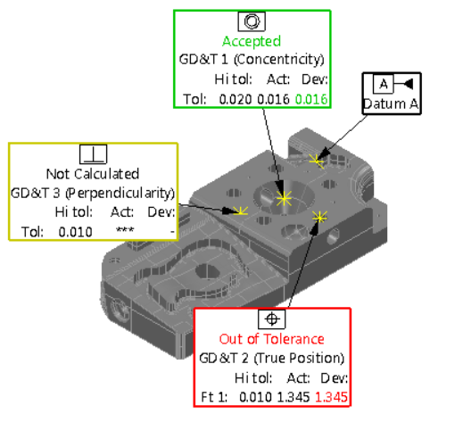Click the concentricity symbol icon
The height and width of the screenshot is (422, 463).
(x=252, y=21)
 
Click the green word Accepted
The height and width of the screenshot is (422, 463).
(x=252, y=41)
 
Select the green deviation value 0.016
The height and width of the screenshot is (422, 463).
(x=311, y=99)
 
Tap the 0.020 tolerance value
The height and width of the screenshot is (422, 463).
(x=236, y=99)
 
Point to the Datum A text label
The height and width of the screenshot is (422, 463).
(x=391, y=103)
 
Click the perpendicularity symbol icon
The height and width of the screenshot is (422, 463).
(x=93, y=154)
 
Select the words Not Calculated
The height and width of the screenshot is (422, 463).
(x=93, y=174)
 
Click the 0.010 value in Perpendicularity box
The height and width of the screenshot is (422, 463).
(x=75, y=232)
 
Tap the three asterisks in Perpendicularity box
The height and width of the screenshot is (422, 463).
(x=125, y=230)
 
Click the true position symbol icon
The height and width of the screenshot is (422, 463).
(x=272, y=319)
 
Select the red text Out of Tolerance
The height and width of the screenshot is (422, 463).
(x=271, y=339)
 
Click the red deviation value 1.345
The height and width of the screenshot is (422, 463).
(x=331, y=397)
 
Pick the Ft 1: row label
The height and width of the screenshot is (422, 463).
(x=214, y=397)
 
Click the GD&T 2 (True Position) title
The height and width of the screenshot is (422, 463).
(x=271, y=358)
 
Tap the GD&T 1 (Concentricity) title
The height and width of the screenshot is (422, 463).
(x=252, y=60)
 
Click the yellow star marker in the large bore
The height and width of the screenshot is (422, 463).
(x=284, y=198)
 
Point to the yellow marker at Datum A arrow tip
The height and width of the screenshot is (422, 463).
(x=317, y=161)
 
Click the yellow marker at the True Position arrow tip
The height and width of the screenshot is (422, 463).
(x=319, y=218)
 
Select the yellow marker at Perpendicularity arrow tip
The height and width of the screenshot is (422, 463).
(x=241, y=211)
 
